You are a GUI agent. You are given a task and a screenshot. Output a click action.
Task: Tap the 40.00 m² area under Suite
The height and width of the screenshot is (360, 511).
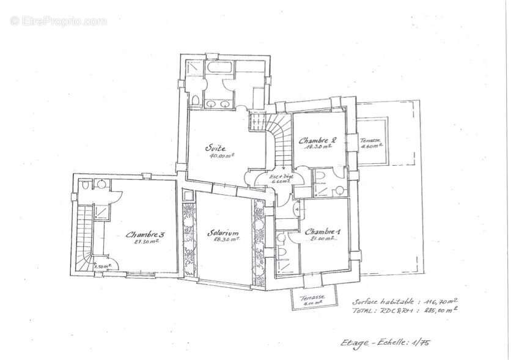(x=221, y=156)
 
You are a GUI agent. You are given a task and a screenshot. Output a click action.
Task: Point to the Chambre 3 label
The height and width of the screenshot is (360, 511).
(x=145, y=234)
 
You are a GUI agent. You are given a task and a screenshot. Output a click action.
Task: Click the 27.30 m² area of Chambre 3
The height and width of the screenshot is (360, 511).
(x=146, y=241)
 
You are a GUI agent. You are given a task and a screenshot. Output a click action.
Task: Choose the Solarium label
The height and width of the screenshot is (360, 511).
(x=222, y=233)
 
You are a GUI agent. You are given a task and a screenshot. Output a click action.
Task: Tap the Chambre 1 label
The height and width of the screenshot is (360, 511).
(x=322, y=232)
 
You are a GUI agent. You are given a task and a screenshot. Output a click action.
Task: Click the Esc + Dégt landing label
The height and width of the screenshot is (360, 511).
(x=282, y=176)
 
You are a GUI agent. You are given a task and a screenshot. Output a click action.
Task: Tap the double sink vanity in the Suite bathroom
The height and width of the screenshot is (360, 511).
(x=219, y=104)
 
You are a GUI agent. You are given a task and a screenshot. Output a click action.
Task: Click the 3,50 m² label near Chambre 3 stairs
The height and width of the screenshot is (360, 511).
(x=98, y=266)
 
